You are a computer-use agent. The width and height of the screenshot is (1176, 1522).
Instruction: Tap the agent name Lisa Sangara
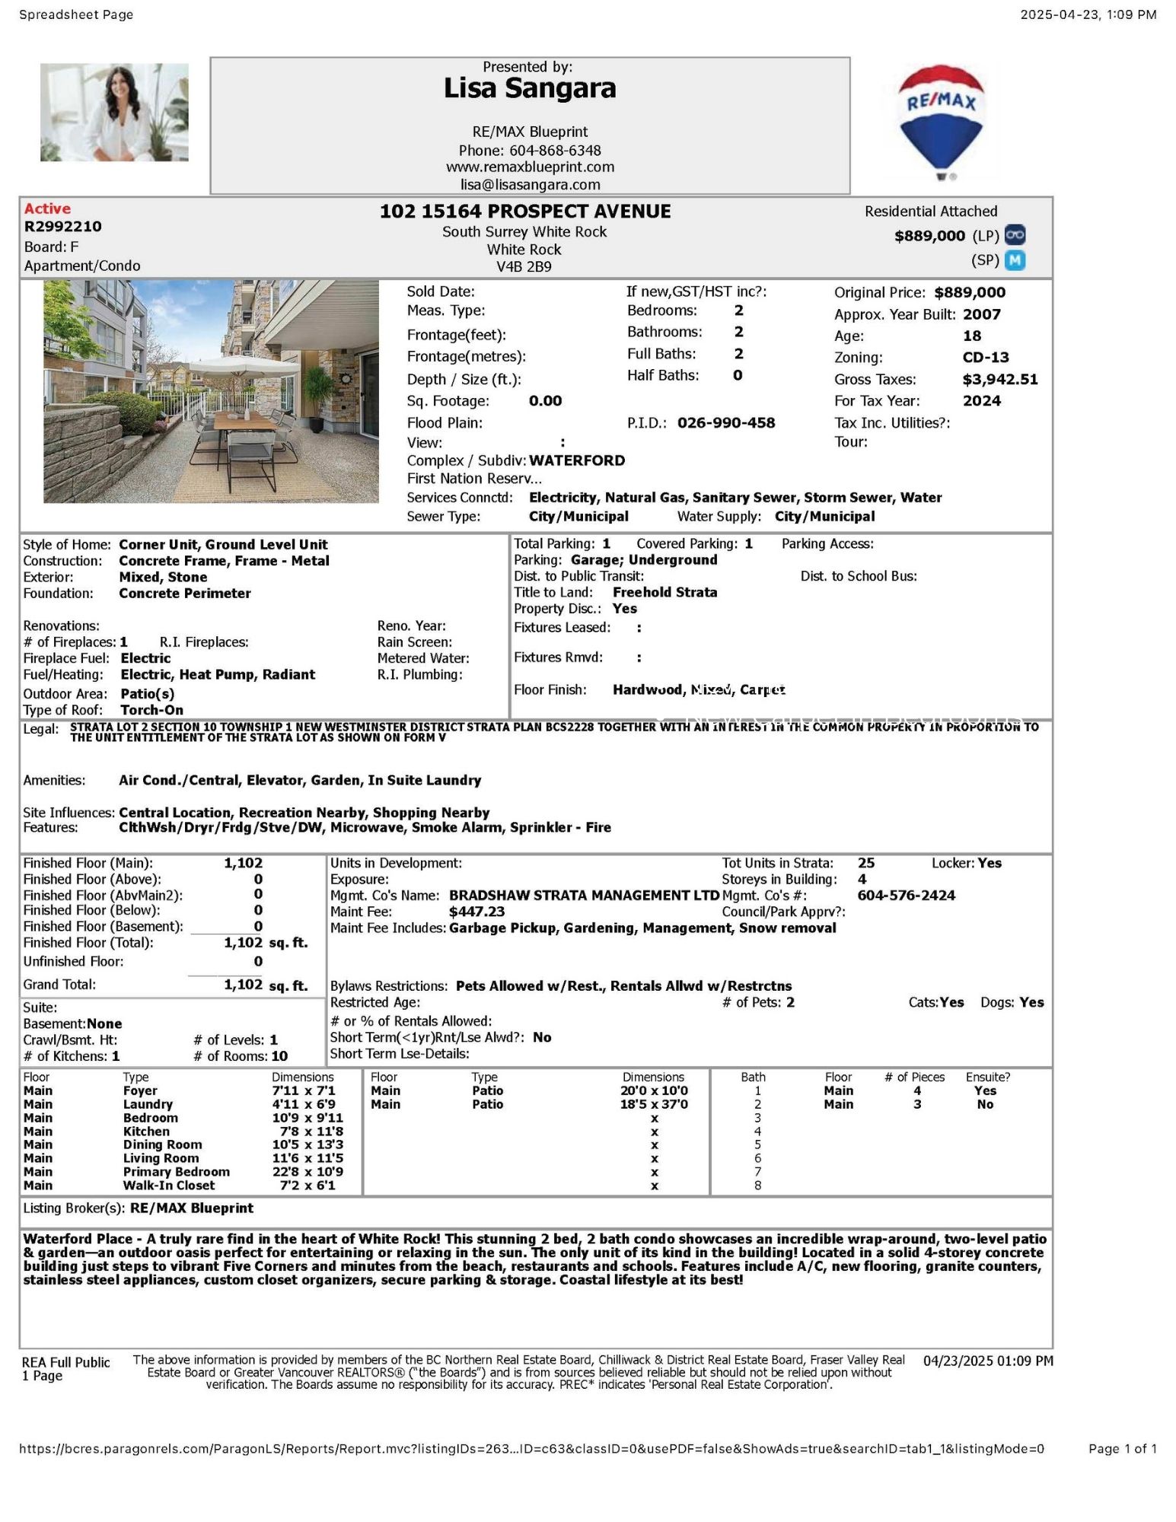point(530,89)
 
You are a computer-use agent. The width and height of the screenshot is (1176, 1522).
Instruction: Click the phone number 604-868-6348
point(555,151)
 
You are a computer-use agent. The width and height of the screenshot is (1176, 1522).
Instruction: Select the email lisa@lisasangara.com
point(530,185)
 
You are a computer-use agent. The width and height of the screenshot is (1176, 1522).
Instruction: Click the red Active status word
point(47,209)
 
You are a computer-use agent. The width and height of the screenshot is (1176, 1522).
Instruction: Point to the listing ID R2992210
point(62,227)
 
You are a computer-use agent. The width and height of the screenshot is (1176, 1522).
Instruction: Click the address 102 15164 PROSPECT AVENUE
point(525,212)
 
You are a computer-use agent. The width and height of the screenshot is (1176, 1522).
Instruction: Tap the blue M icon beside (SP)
point(1015,260)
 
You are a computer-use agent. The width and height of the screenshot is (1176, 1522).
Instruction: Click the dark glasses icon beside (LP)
point(1015,235)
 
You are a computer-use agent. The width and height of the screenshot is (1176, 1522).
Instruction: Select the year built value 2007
point(981,314)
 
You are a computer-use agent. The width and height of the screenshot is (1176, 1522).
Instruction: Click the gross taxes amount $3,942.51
point(999,379)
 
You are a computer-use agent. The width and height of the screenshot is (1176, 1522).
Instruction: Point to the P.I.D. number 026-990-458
point(725,423)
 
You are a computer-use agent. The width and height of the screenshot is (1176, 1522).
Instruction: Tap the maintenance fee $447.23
point(476,912)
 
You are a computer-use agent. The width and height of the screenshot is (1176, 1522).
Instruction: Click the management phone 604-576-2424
point(906,896)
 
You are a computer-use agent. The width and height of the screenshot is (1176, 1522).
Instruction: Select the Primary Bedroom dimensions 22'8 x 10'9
point(308,1172)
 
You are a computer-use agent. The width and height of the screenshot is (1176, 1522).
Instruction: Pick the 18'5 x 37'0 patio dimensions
point(653,1104)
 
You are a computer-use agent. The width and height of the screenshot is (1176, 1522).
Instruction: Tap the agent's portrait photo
point(114,113)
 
